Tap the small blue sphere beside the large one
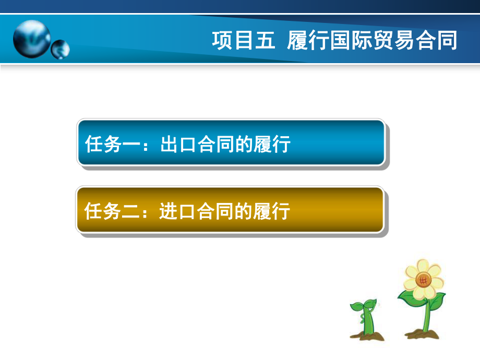click(60, 50)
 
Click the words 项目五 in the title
click(243, 40)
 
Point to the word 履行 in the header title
click(308, 40)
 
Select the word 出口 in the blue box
click(173, 144)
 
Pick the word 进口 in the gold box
click(173, 211)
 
